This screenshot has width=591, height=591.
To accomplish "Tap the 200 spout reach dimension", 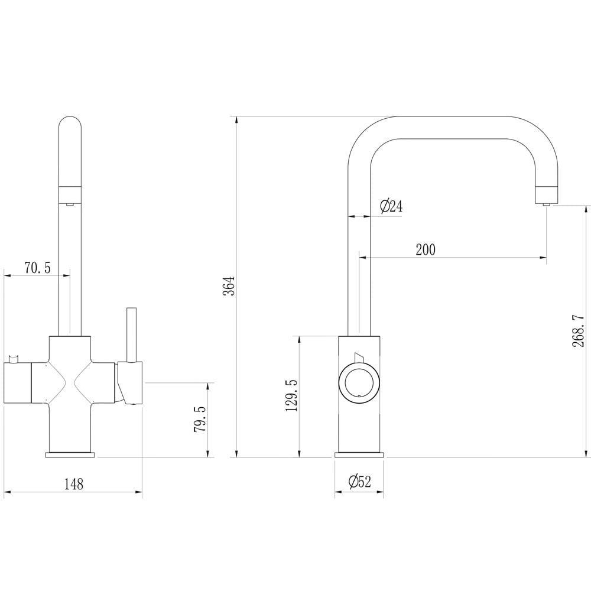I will click(425, 250).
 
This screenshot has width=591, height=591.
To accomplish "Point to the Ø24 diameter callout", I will click(390, 206).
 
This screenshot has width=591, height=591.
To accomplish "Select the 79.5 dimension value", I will click(200, 419).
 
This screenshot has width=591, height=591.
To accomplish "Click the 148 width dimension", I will click(73, 485).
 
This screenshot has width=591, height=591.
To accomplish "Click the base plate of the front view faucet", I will click(70, 454).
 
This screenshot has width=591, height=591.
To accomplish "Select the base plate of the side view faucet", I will click(359, 454).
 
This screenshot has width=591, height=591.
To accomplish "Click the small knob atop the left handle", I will click(14, 358).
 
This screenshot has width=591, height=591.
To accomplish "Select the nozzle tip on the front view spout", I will click(70, 204).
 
